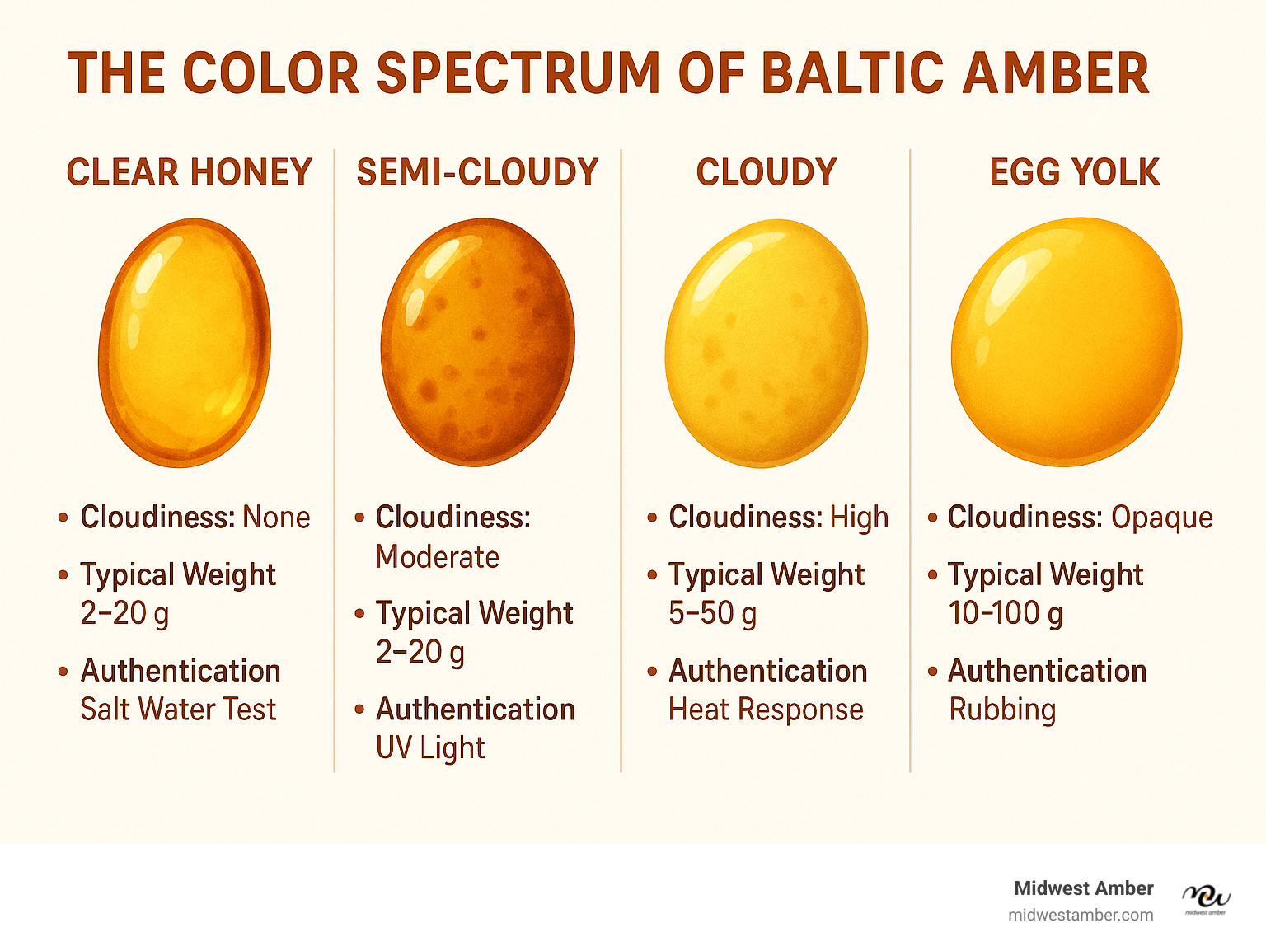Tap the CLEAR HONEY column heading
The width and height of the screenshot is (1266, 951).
tap(190, 172)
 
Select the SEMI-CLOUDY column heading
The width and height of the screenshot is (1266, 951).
tap(477, 172)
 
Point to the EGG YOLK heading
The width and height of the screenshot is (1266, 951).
tap(1075, 172)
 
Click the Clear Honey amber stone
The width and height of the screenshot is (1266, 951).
tap(185, 343)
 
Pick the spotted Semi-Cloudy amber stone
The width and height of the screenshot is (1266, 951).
tap(477, 342)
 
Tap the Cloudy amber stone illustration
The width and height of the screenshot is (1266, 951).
tap(766, 343)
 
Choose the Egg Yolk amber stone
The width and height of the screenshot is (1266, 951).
tap(1067, 341)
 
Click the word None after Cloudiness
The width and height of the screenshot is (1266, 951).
tap(276, 517)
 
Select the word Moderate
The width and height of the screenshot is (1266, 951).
tap(437, 557)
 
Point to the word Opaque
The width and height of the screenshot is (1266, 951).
tap(1161, 518)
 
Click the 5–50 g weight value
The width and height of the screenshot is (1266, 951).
tap(712, 614)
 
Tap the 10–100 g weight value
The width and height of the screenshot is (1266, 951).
tap(1006, 614)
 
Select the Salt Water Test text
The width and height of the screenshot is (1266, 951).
tap(178, 710)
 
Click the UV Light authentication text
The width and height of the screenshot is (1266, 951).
tap(430, 748)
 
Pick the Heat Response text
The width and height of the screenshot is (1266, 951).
tap(766, 710)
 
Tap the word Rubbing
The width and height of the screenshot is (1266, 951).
tap(1002, 710)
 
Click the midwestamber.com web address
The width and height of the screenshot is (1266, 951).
tap(1081, 916)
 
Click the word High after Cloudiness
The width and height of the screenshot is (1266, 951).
tap(859, 518)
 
